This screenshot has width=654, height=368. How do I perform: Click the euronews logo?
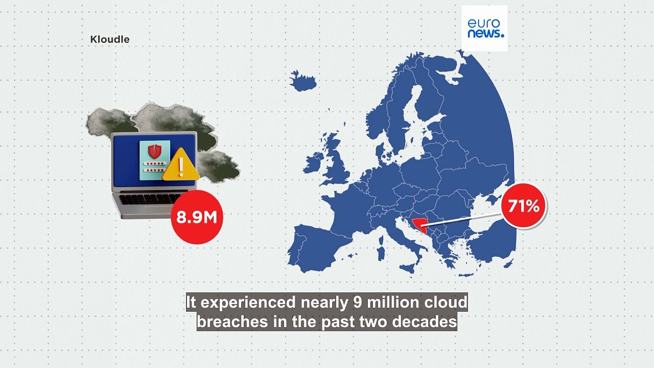(484, 28)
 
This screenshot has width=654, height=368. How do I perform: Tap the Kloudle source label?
(110, 39)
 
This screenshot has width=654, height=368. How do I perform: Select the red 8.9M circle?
(197, 217)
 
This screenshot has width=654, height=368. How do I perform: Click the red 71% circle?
(524, 206)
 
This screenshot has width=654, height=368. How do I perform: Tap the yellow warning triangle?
(181, 165)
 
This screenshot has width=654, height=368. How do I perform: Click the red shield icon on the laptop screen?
(154, 150)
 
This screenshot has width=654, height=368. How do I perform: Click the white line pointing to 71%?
(465, 215)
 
